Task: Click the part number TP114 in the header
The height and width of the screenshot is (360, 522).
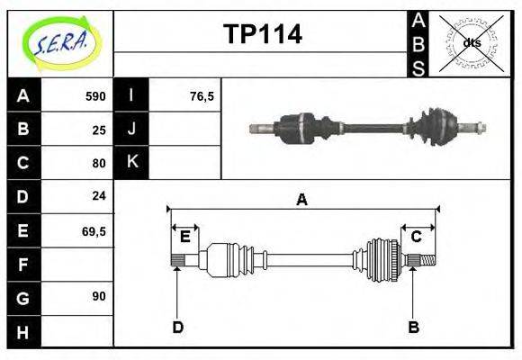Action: (x=262, y=34)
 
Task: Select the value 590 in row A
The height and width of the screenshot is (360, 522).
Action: (x=95, y=95)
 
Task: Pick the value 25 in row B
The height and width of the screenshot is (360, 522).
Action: (x=99, y=129)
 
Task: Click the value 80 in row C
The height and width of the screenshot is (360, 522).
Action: (x=99, y=163)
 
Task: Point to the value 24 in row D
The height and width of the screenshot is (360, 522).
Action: (x=99, y=196)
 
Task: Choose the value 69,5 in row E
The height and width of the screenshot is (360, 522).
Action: (x=94, y=230)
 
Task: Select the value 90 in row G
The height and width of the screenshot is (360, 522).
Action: (x=99, y=296)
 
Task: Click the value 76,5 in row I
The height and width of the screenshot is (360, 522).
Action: (x=202, y=95)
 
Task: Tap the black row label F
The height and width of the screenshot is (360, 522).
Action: (x=23, y=264)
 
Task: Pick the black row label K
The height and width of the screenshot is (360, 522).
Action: (x=131, y=162)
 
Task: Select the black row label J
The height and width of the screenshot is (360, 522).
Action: (x=131, y=129)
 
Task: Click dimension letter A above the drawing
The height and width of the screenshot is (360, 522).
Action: (x=301, y=199)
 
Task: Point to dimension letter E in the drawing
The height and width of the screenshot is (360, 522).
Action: (x=184, y=237)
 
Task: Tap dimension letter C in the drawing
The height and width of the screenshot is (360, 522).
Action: (x=417, y=237)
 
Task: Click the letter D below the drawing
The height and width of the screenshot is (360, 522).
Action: (x=177, y=328)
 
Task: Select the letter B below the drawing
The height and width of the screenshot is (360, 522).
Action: (x=413, y=328)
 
